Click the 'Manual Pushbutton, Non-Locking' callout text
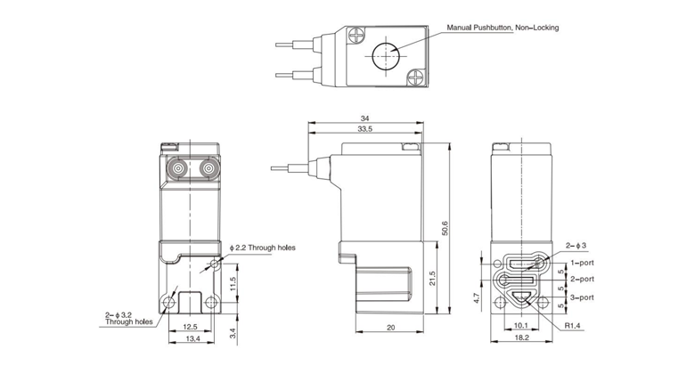point(503,28)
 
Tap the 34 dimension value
point(366,118)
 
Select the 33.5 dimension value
point(366,130)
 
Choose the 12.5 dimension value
point(191,327)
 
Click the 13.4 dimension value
point(191,340)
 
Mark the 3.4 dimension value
point(233,334)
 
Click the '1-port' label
point(581,264)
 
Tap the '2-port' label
point(581,280)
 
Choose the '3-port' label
point(581,297)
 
